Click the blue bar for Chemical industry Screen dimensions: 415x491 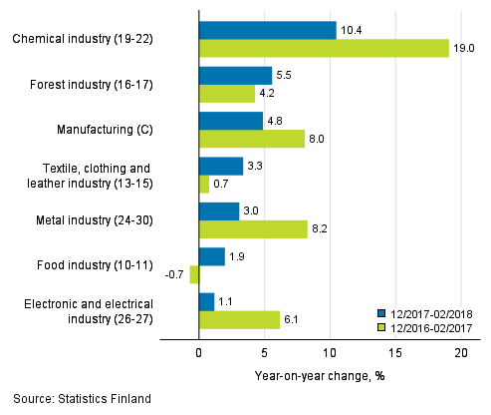tap(267, 31)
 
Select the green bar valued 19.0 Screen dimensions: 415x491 tap(324, 49)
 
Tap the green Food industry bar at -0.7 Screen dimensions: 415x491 tap(194, 274)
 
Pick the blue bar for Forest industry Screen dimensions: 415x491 tap(235, 76)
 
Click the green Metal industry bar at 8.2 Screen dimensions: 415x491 tap(253, 229)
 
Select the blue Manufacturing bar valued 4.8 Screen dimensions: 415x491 tap(230, 121)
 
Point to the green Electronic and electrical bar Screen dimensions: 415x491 tap(239, 319)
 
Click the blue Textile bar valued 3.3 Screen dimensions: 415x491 tap(220, 166)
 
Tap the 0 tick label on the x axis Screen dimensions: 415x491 tap(199, 352)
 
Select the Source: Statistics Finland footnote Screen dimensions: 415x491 tap(82, 399)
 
